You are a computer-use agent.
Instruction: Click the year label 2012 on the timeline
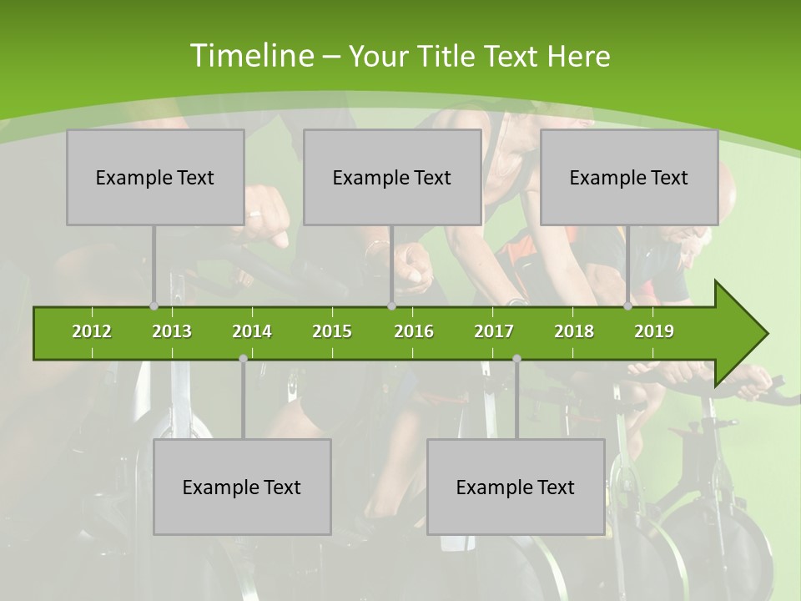point(92,331)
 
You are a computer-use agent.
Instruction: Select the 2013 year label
point(172,331)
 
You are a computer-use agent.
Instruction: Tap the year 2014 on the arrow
point(252,331)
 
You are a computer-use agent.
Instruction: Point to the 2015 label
point(332,331)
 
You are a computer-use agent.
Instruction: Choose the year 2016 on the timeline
point(414,331)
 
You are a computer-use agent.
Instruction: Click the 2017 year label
point(494,331)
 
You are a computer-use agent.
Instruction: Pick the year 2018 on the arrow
point(574,331)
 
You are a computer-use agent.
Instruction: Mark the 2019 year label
point(654,331)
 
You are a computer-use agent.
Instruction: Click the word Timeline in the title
point(250,56)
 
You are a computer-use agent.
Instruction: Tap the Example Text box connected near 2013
point(155,177)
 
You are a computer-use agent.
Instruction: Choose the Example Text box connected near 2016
point(392,177)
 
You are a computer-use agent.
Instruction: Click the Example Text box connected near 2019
point(629,177)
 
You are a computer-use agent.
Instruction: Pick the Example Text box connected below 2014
point(242,487)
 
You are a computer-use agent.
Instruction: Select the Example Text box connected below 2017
point(516,487)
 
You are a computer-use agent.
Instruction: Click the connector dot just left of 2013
point(154,306)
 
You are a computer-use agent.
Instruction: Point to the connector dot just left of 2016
point(391,306)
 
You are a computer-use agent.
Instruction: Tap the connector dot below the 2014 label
point(243,358)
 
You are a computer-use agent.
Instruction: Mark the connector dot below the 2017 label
point(516,358)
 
